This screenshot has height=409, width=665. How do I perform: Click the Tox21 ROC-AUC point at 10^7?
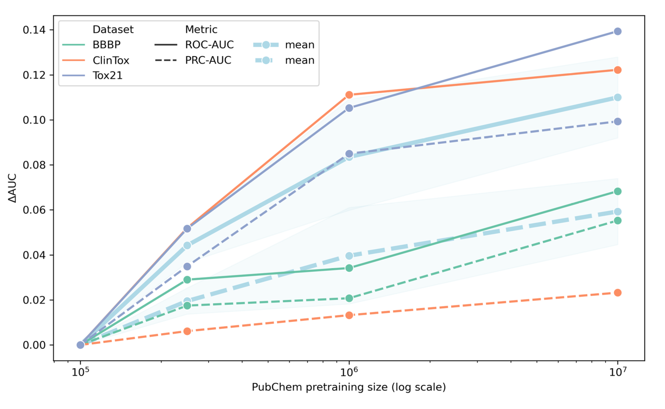click(x=617, y=31)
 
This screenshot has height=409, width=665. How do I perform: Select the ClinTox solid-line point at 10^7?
click(x=617, y=70)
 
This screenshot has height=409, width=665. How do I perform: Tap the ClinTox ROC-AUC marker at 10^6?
click(x=349, y=95)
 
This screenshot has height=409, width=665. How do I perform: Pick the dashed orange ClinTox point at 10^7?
click(x=617, y=293)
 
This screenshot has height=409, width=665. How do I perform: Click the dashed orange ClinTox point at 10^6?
click(x=349, y=315)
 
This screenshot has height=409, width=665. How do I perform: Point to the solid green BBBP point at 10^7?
click(x=617, y=191)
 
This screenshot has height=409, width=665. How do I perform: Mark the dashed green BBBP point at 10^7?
click(x=617, y=220)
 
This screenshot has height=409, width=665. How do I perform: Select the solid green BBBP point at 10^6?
click(x=349, y=268)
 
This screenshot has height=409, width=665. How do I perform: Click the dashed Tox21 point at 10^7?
click(x=617, y=121)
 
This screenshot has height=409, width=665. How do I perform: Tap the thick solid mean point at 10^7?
click(x=617, y=97)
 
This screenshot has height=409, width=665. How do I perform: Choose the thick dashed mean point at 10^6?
click(x=349, y=256)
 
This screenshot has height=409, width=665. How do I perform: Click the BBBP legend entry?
click(x=106, y=45)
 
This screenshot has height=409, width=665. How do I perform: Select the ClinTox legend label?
click(x=111, y=60)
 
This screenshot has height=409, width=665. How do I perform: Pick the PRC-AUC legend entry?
click(x=208, y=60)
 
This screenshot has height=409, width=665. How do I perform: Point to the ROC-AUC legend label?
click(x=209, y=45)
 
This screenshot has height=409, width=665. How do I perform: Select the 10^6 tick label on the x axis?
click(x=349, y=372)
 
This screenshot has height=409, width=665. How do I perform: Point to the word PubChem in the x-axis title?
click(x=269, y=387)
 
